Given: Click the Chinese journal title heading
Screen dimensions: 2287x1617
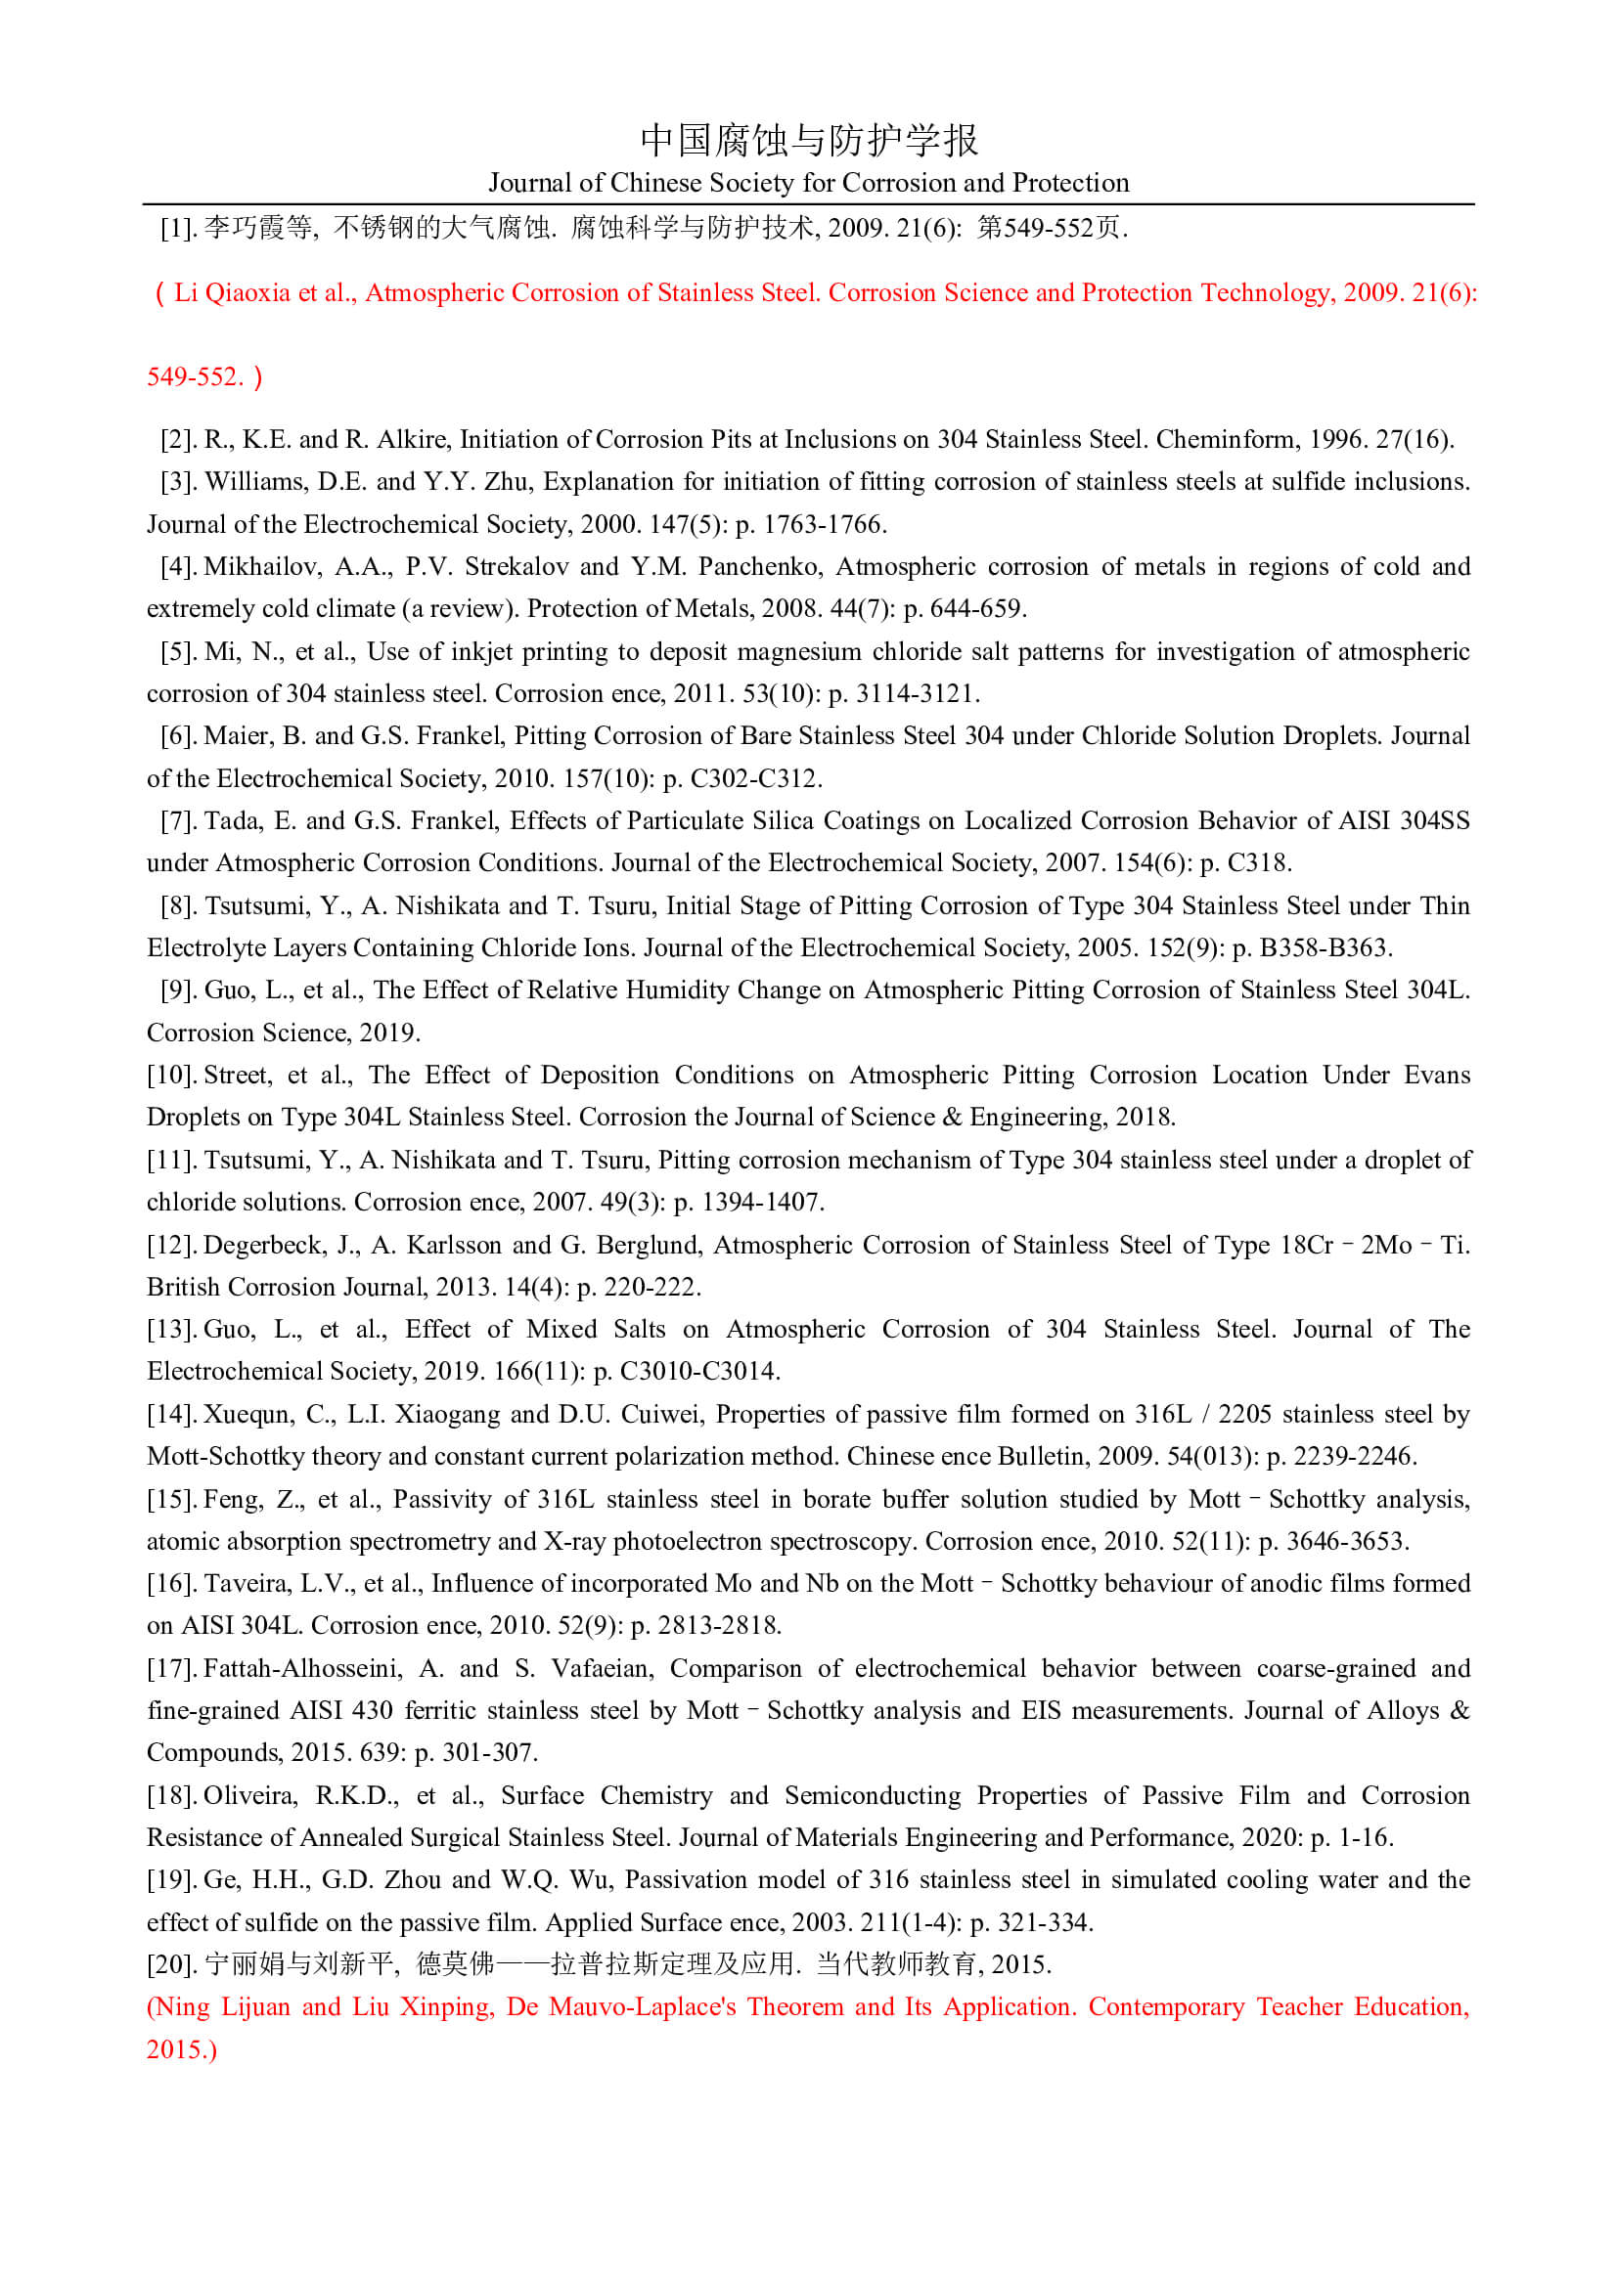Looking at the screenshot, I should coord(808,140).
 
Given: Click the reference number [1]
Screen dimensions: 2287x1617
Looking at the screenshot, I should coord(178,228).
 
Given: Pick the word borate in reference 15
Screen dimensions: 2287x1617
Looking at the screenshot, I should coord(837,1499).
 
